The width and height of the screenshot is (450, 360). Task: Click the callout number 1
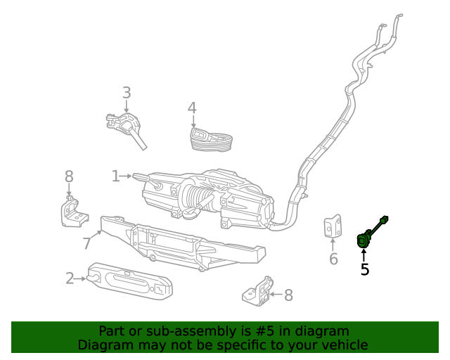pyautogui.click(x=115, y=176)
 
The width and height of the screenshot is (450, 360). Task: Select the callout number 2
pyautogui.click(x=70, y=278)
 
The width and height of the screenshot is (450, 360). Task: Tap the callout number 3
pyautogui.click(x=127, y=93)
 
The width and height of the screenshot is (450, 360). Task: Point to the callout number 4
pyautogui.click(x=192, y=108)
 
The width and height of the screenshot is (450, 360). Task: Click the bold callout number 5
pyautogui.click(x=364, y=269)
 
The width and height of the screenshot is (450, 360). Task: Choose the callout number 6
pyautogui.click(x=333, y=259)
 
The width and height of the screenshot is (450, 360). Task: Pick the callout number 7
pyautogui.click(x=87, y=243)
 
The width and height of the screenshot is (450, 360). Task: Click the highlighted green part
pyautogui.click(x=365, y=239)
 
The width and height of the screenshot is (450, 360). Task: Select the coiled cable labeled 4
pyautogui.click(x=212, y=139)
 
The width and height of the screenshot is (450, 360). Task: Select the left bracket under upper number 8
pyautogui.click(x=72, y=213)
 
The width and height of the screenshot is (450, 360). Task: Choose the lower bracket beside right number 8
pyautogui.click(x=256, y=291)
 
